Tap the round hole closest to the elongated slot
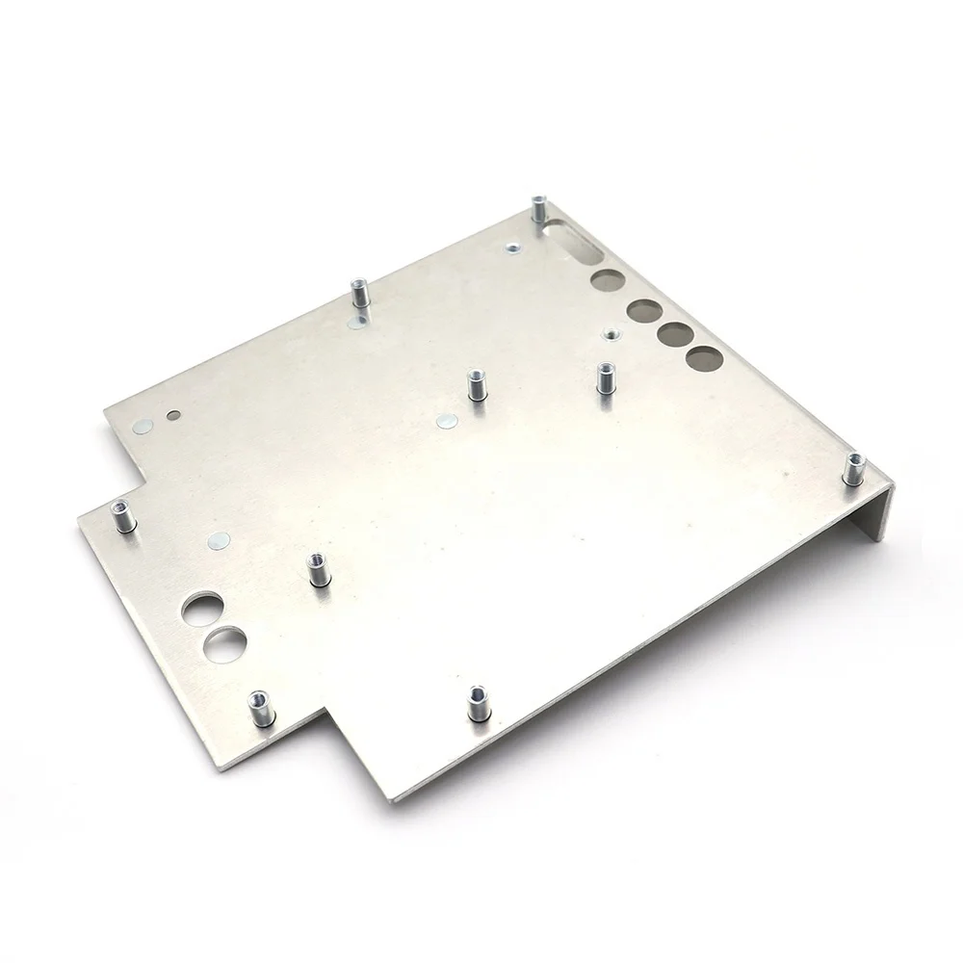[607, 280]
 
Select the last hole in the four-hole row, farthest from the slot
[704, 359]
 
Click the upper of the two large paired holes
[203, 609]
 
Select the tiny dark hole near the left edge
[172, 417]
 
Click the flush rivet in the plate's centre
[445, 421]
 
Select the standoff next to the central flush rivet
[474, 386]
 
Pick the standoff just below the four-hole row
[605, 378]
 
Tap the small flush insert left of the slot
[511, 248]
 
